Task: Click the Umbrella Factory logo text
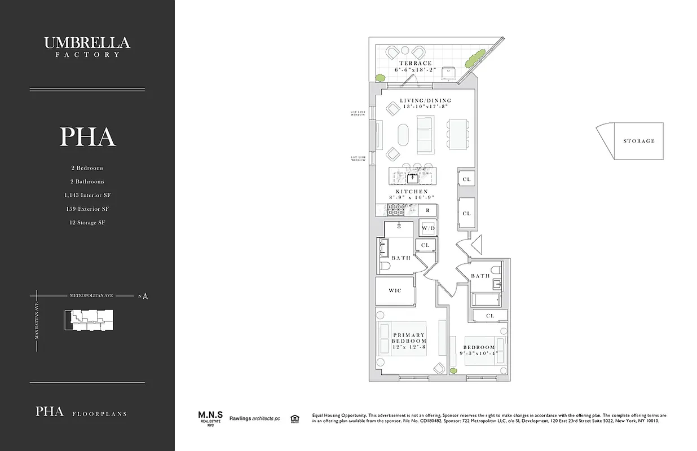tap(87, 45)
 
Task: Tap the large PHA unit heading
tap(87, 137)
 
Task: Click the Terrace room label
tap(416, 63)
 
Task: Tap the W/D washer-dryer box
tap(428, 228)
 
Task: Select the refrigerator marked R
tap(428, 210)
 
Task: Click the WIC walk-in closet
tap(395, 290)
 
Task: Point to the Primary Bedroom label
tap(409, 338)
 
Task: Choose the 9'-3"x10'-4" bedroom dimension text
tap(479, 353)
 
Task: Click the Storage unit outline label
tap(639, 141)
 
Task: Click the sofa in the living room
tap(425, 135)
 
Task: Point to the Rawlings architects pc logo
tap(254, 418)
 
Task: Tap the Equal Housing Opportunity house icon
tap(294, 418)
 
